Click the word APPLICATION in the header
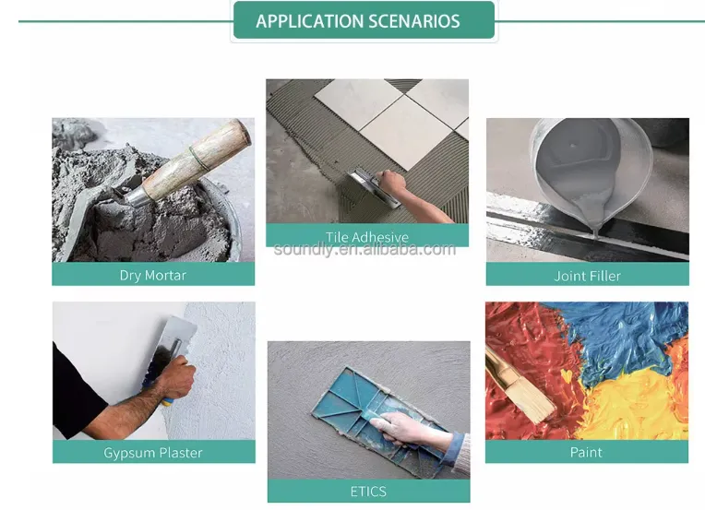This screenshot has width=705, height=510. pyautogui.click(x=309, y=21)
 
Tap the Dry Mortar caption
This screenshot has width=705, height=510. pyautogui.click(x=153, y=275)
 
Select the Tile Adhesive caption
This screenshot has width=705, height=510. pyautogui.click(x=367, y=236)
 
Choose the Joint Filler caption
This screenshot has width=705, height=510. pyautogui.click(x=587, y=276)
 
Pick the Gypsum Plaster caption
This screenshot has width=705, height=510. pyautogui.click(x=153, y=453)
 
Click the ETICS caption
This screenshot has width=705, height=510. pyautogui.click(x=368, y=492)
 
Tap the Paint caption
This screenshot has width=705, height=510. pyautogui.click(x=586, y=452)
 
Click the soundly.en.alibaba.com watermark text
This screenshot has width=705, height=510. pyautogui.click(x=364, y=248)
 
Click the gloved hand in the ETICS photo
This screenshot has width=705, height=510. pyautogui.click(x=412, y=429)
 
